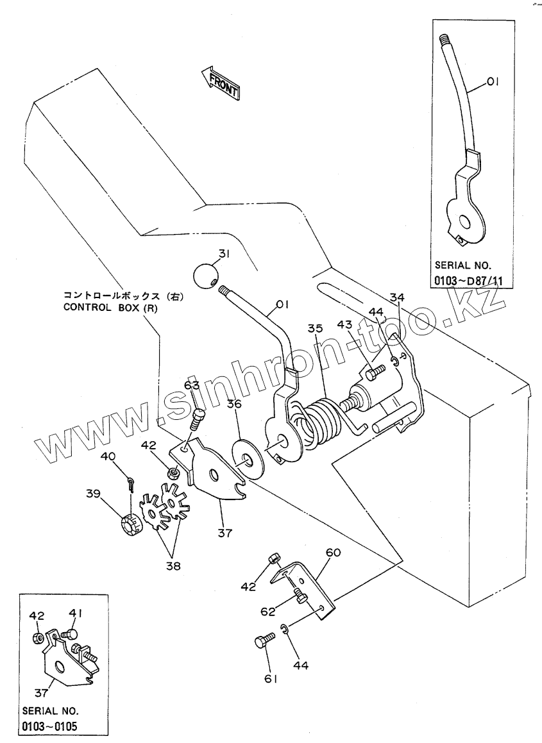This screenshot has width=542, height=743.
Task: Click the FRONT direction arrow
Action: click(220, 83)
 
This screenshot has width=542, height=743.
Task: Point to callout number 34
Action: click(398, 297)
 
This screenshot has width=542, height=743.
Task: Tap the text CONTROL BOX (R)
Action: click(110, 307)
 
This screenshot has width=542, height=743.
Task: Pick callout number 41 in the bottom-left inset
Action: click(76, 614)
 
